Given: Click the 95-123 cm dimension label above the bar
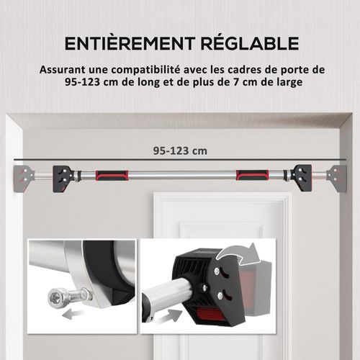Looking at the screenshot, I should (x=180, y=151).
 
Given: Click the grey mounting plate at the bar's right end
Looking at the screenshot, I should (x=337, y=175).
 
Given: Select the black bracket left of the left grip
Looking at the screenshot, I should (x=65, y=175).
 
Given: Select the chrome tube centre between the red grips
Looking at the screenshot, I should (x=180, y=175).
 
